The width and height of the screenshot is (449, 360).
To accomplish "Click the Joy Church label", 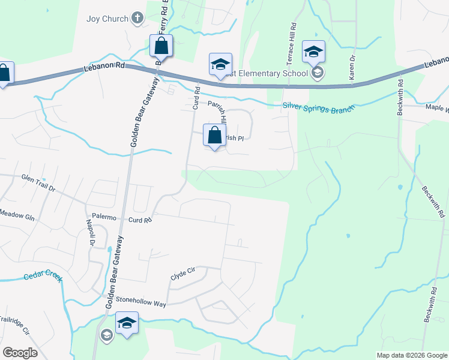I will point(107,19).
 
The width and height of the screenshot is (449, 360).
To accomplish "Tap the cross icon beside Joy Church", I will point(137,18).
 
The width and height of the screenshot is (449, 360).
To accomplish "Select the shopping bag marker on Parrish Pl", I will point(214,136).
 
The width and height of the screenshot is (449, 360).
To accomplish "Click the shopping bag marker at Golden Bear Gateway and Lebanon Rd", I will point(161,46).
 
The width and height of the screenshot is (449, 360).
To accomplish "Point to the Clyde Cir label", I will point(183,271).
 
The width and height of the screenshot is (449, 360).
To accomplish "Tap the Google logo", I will point(20,352).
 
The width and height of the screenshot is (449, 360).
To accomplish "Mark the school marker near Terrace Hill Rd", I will point(313,53).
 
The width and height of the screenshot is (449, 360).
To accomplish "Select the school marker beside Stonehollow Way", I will point(127,323).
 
